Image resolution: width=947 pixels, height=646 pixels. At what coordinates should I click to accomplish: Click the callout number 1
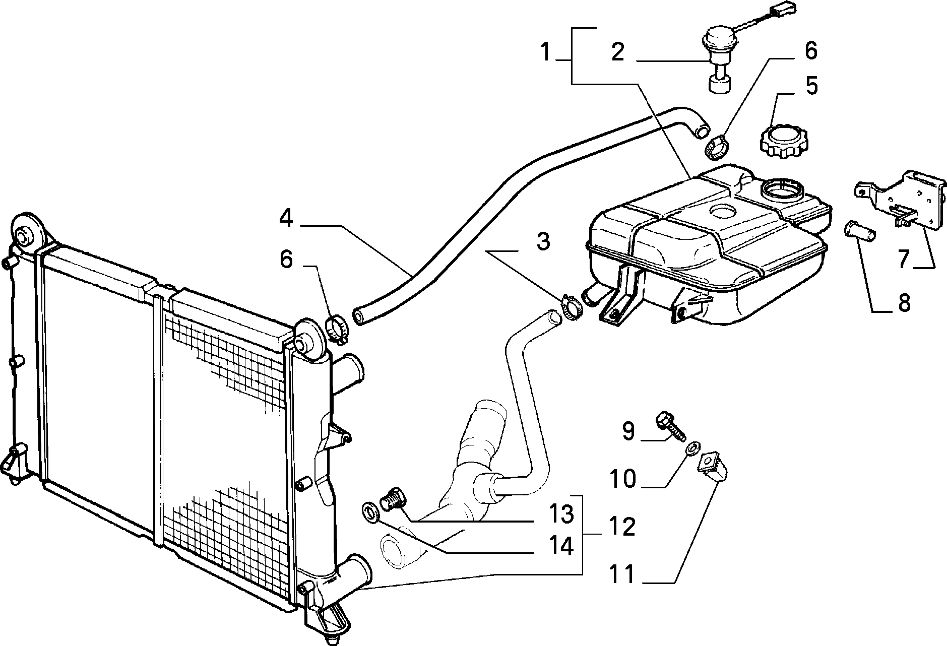(545, 52)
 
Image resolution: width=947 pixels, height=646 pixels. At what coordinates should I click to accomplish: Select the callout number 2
(617, 52)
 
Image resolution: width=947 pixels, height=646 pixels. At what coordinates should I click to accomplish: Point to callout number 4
(286, 219)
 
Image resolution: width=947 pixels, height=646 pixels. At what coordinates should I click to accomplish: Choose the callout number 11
(623, 575)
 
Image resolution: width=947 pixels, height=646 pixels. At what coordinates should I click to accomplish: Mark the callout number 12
(622, 527)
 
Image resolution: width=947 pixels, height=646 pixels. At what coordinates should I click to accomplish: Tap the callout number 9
(627, 431)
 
